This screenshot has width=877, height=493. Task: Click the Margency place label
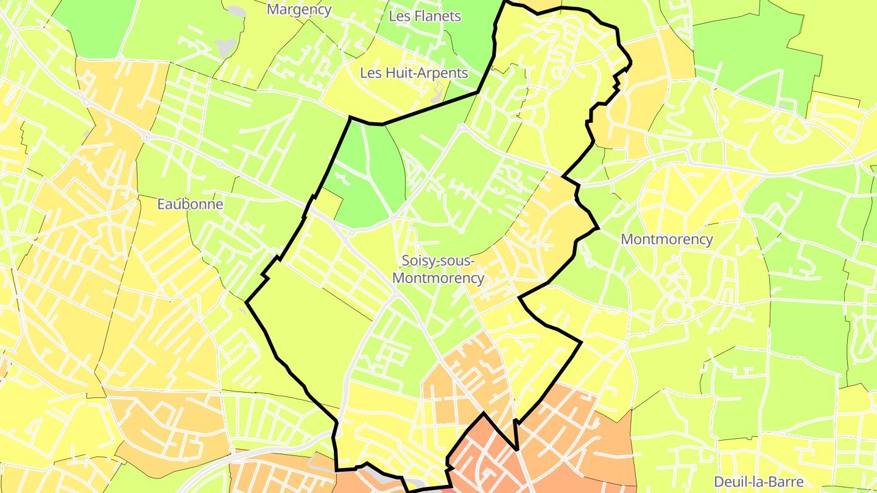point(299,10)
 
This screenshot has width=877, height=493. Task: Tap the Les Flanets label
point(424,16)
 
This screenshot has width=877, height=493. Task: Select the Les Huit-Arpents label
point(414,74)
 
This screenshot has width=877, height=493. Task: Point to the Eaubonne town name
point(190,205)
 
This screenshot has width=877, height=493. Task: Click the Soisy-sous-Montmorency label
point(438,270)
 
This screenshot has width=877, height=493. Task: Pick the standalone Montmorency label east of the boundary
point(666,240)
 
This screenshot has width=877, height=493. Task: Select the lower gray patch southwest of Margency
point(226,47)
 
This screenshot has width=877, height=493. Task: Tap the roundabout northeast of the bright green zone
point(462,127)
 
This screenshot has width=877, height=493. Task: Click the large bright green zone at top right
point(755,55)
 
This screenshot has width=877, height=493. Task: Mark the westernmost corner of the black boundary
point(246,301)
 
